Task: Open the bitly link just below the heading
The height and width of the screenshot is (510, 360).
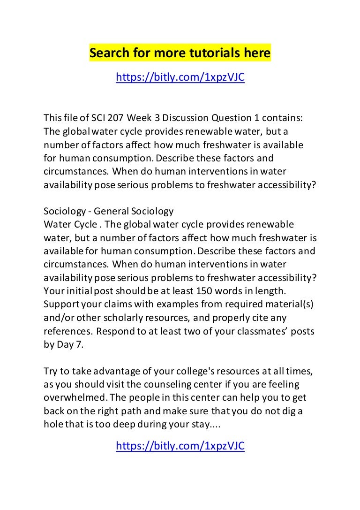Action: (x=180, y=77)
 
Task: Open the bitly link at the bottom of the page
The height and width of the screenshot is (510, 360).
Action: (x=180, y=446)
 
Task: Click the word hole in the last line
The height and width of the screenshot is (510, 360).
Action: (x=53, y=425)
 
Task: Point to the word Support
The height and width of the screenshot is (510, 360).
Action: (x=62, y=291)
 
